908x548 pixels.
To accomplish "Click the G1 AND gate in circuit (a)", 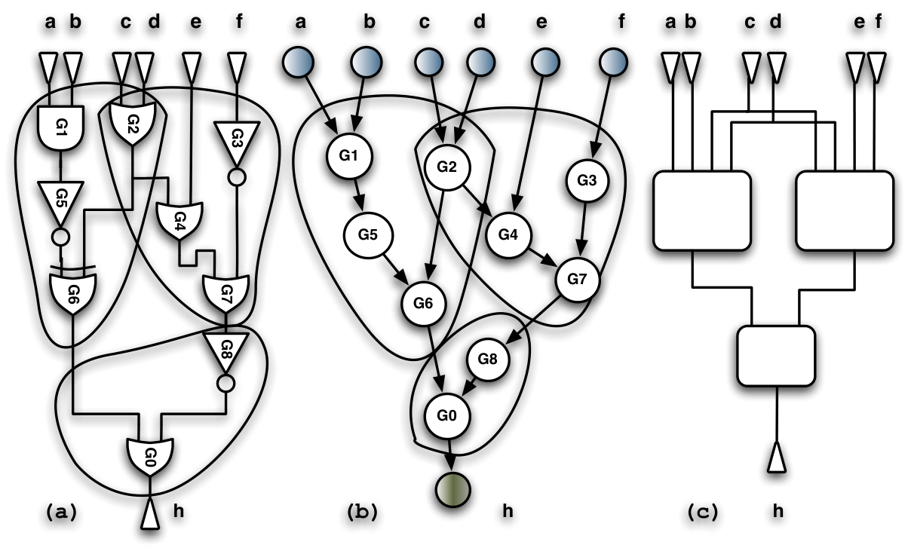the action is (x=61, y=127).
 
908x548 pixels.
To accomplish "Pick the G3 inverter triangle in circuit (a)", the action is (x=237, y=142).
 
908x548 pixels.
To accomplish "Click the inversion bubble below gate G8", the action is (x=225, y=384).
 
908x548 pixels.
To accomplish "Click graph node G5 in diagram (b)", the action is (x=368, y=235).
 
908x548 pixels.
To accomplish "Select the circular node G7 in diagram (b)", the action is (x=577, y=280).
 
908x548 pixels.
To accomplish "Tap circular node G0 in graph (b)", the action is (x=447, y=416).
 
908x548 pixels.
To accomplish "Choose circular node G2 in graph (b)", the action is (x=447, y=167).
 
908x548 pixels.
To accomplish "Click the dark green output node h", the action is (x=452, y=490).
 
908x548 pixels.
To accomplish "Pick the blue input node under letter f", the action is (x=613, y=63).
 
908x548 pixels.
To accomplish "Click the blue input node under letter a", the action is (x=298, y=63).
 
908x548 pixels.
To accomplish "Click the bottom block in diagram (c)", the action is (x=776, y=356).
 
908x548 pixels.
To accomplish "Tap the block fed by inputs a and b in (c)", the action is (x=702, y=211).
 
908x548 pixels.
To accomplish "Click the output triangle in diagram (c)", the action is (x=777, y=458).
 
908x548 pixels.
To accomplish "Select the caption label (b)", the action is (x=363, y=512).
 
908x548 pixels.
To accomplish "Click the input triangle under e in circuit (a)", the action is (x=192, y=68).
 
